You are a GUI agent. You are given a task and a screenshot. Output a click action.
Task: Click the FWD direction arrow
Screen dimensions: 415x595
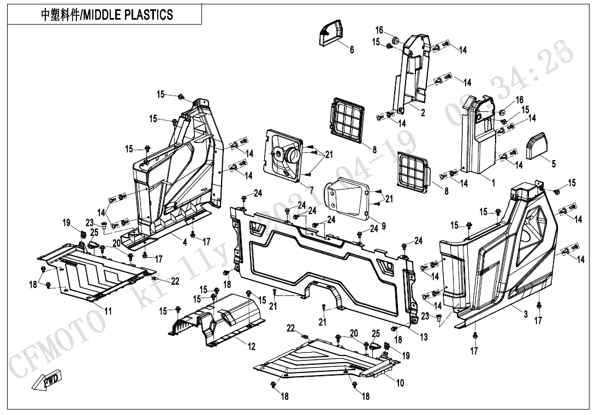pos(48,380)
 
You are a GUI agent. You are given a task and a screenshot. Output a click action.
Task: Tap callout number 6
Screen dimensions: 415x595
pos(352,50)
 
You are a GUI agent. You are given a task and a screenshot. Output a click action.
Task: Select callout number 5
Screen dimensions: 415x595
pos(554,163)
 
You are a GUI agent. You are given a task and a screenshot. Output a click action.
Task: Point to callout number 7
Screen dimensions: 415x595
pos(312,190)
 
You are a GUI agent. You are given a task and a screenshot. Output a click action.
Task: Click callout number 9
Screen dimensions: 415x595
pos(384,225)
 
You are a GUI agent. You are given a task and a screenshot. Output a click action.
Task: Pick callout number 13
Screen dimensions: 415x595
pos(424,337)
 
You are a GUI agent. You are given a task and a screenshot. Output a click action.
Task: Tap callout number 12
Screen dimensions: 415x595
pos(252,346)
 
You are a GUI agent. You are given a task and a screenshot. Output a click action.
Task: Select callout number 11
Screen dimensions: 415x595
pos(108,311)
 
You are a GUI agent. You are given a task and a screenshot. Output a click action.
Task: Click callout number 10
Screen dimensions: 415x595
pos(400,383)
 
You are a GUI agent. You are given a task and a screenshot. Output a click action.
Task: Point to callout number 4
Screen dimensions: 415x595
pos(185,242)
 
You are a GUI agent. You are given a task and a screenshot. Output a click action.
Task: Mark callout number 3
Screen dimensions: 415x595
pos(525,314)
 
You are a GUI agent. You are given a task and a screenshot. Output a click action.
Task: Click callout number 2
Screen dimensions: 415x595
pos(423,112)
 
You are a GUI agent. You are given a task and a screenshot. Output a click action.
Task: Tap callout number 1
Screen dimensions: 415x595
pos(493,183)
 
